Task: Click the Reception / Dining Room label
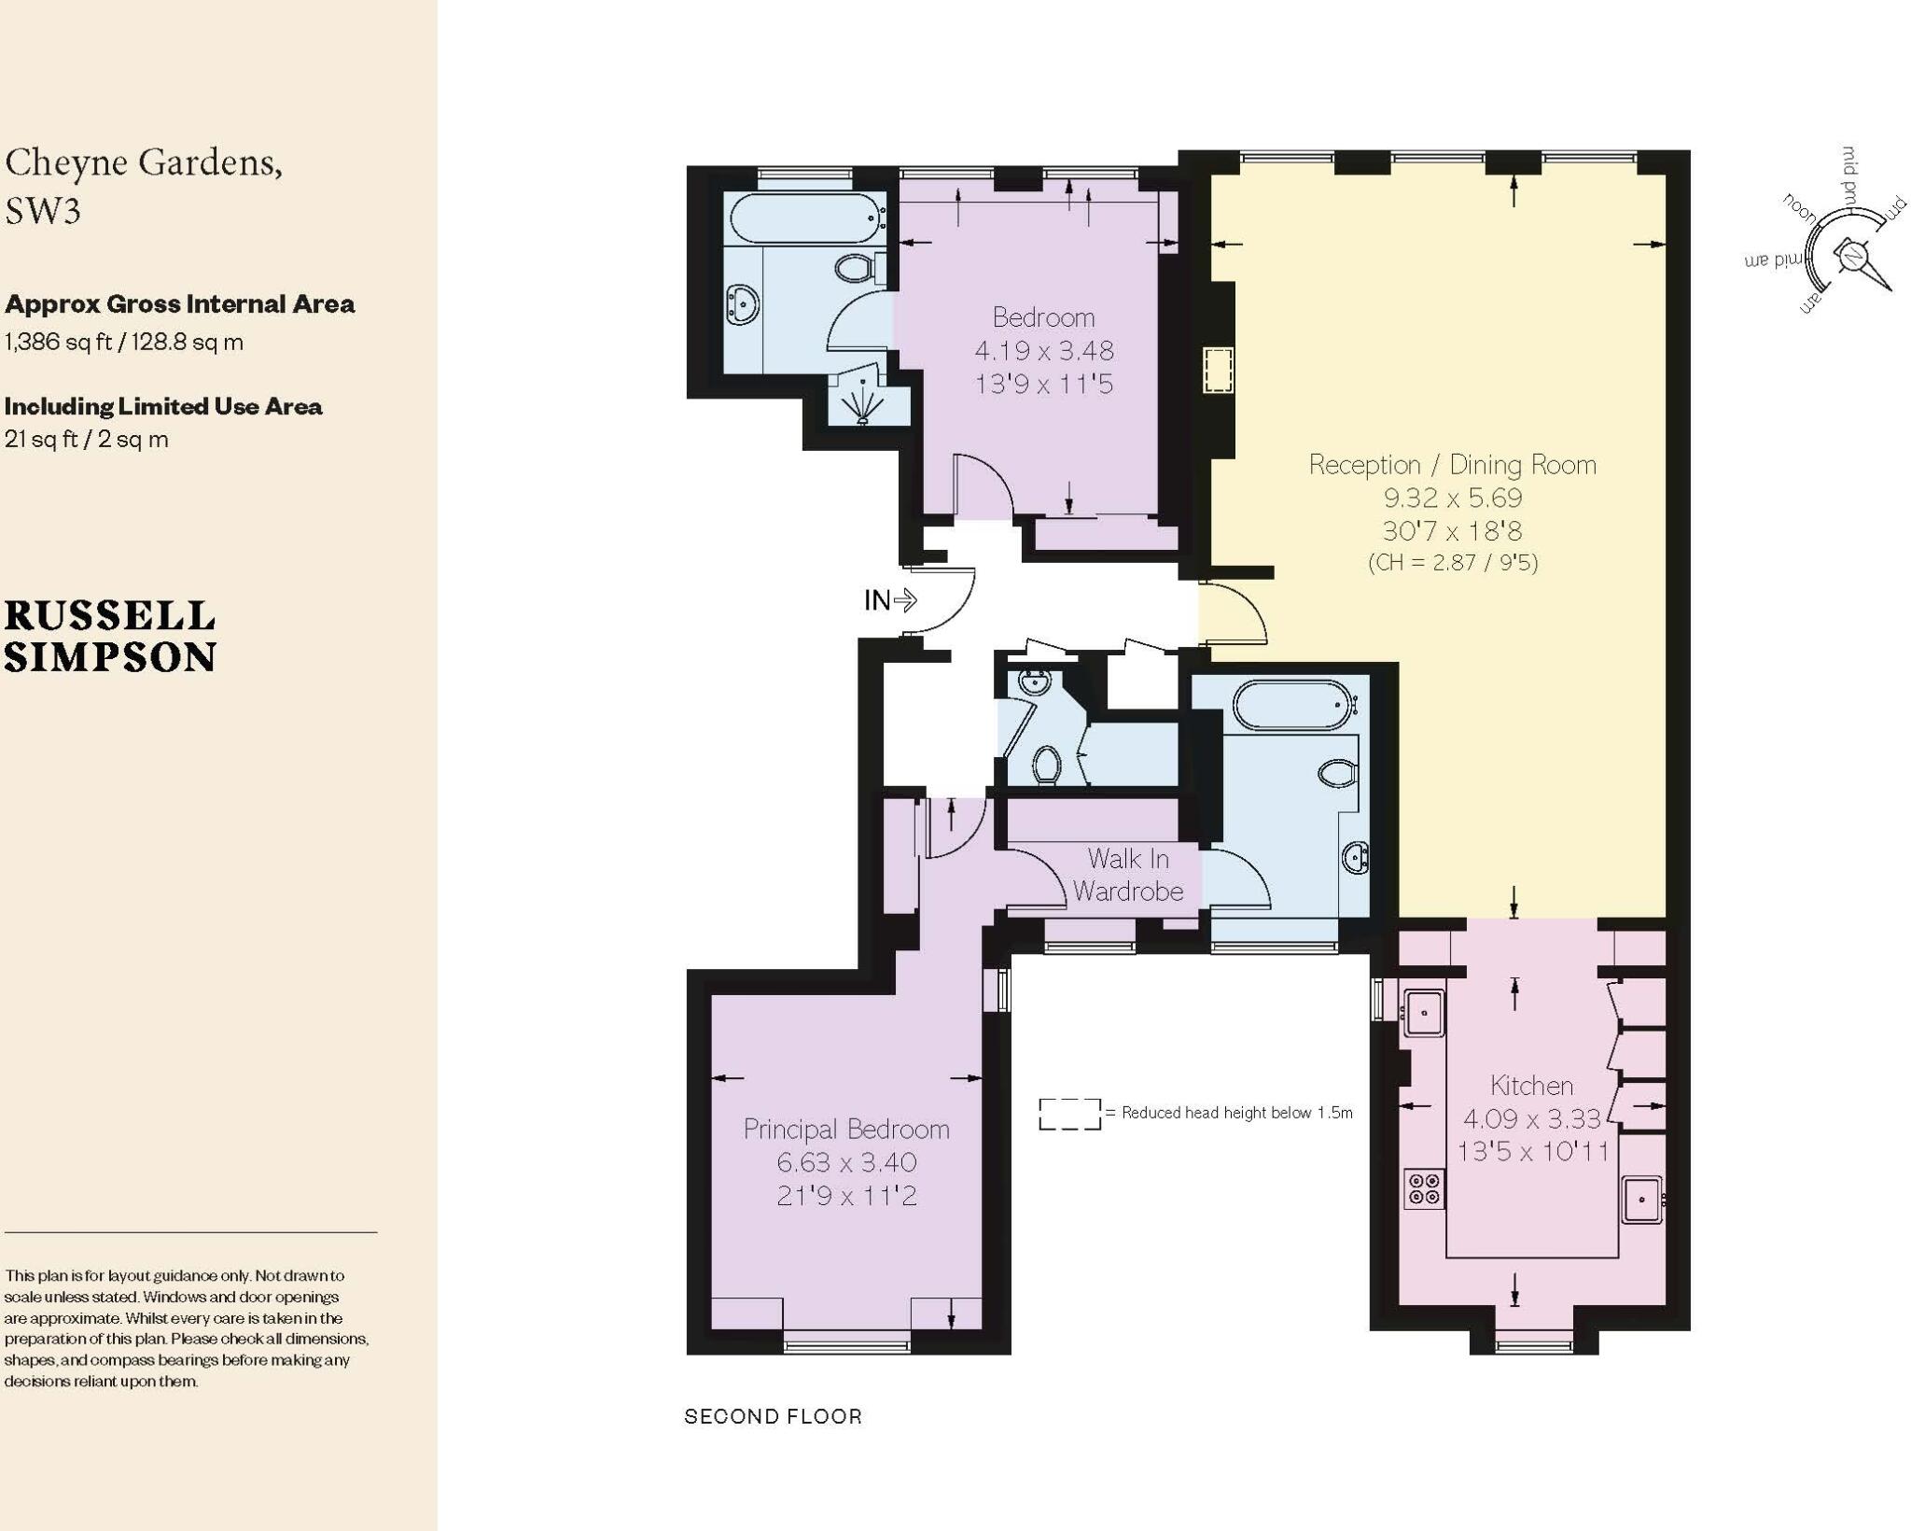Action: click(1452, 464)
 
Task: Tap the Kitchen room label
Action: click(1531, 1085)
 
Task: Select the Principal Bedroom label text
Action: click(846, 1129)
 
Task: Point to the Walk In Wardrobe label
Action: click(1128, 875)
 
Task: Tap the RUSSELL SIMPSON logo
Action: click(110, 637)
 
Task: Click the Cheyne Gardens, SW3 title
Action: click(144, 186)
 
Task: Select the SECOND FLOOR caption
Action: click(773, 1416)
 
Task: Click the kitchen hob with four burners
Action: click(1424, 1188)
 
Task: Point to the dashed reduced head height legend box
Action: click(1069, 1114)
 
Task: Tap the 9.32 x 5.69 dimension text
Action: click(1452, 498)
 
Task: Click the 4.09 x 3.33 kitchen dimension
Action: click(1531, 1117)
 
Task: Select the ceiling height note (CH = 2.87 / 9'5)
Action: click(1452, 562)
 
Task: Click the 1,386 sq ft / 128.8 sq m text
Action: click(124, 342)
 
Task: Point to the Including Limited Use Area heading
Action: click(163, 406)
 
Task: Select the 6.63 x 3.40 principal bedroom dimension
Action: click(846, 1162)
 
